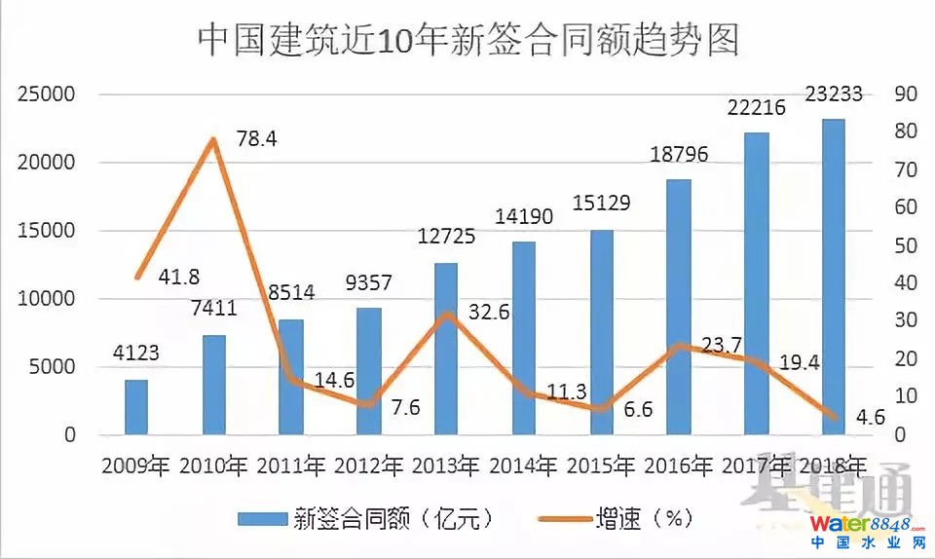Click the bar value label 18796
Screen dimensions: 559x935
[x=679, y=155]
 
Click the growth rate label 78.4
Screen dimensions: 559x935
[x=256, y=139]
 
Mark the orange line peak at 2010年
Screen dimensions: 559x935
[x=212, y=140]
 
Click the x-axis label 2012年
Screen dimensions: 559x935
[x=368, y=465]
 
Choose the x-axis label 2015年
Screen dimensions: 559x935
[x=601, y=465]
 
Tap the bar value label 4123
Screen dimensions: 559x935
[x=136, y=353]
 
